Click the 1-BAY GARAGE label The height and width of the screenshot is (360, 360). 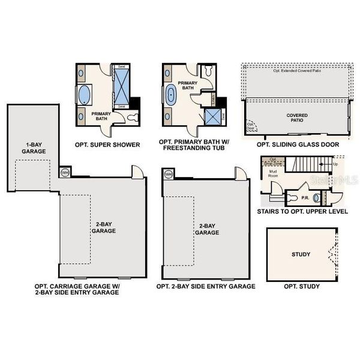pos(33,148)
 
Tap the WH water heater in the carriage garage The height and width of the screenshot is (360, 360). pos(65,173)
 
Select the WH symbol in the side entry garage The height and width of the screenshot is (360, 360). pos(168,174)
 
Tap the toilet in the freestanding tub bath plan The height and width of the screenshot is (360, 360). pos(208,71)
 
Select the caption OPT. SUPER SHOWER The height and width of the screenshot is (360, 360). pos(107,145)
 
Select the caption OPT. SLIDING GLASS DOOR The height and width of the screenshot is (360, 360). pos(298,145)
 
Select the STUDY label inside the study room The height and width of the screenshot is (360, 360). pos(301,254)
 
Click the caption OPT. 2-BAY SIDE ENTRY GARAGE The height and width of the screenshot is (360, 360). pos(206,286)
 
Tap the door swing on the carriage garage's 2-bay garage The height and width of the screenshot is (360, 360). pos(138,171)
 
